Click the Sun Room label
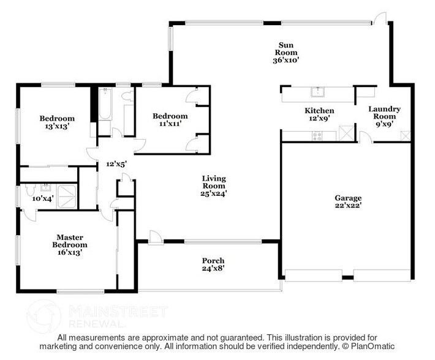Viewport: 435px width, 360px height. coord(284,45)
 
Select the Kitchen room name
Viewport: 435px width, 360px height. coord(319,110)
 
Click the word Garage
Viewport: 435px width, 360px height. coord(347,198)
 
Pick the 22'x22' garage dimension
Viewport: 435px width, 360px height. coord(347,206)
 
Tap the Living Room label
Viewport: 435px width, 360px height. coord(214,182)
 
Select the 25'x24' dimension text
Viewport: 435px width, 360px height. coord(214,193)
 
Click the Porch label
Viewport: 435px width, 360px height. coord(213,260)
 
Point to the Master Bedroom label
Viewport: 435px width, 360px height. coord(70,241)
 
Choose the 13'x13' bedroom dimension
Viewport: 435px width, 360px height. coord(57,127)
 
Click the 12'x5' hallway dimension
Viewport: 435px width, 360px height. coord(115,163)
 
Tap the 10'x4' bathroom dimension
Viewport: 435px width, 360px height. coord(43,198)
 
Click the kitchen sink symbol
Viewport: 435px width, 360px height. coord(317,93)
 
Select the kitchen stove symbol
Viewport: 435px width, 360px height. coord(317,136)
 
